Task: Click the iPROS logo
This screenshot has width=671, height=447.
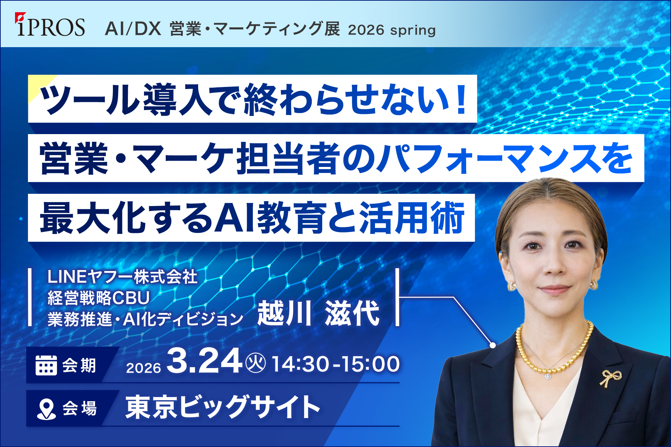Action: (x=50, y=25)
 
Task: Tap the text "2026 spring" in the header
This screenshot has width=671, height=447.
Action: (x=392, y=30)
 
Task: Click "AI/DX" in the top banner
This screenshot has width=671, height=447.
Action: (x=133, y=29)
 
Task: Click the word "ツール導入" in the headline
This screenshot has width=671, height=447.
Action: (x=126, y=100)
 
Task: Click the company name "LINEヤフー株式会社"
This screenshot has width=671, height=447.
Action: (x=122, y=277)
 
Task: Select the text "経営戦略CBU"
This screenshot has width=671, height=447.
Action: (x=99, y=298)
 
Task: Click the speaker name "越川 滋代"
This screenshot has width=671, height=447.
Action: (x=318, y=313)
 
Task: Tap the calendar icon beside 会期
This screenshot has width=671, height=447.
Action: (x=46, y=365)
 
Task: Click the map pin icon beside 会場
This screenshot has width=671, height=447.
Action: (x=46, y=409)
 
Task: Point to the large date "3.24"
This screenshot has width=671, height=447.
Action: (x=204, y=361)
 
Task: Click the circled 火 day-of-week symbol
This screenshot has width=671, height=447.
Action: (x=255, y=363)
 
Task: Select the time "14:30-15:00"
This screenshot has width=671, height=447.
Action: (x=335, y=364)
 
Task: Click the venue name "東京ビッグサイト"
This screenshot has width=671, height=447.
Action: (x=223, y=407)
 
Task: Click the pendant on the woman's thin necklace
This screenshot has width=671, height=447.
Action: (x=547, y=376)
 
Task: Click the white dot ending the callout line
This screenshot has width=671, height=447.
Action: (x=493, y=345)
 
